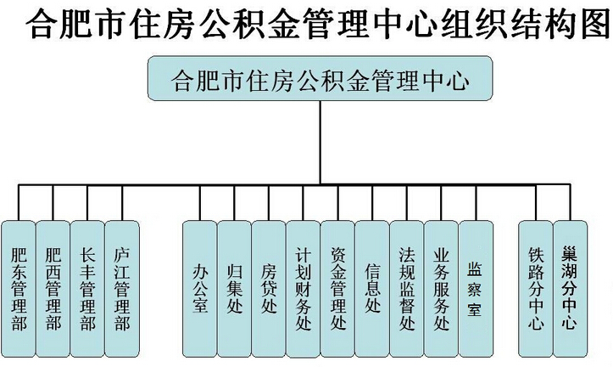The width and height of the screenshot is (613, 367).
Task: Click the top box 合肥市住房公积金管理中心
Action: [x=320, y=80]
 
